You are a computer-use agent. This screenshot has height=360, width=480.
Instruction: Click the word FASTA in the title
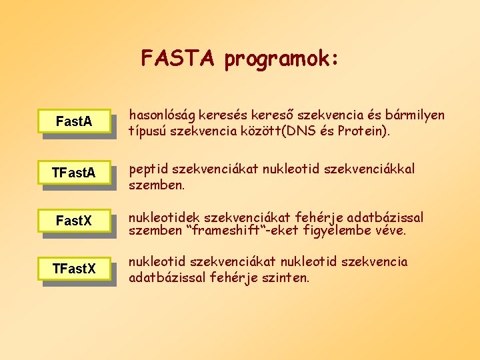(x=179, y=59)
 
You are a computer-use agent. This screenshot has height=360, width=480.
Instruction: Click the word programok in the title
(x=282, y=60)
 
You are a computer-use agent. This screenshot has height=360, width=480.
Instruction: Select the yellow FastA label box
(x=74, y=122)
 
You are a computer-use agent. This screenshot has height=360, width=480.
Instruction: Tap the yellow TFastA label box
(x=74, y=173)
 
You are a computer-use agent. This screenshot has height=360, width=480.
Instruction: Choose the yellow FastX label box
(x=74, y=220)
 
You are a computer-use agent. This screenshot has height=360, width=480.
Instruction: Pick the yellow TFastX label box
(x=74, y=268)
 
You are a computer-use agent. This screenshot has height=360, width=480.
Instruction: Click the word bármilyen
(x=415, y=115)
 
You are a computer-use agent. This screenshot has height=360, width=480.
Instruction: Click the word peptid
(x=147, y=169)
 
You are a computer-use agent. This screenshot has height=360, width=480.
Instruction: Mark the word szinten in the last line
(x=288, y=277)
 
